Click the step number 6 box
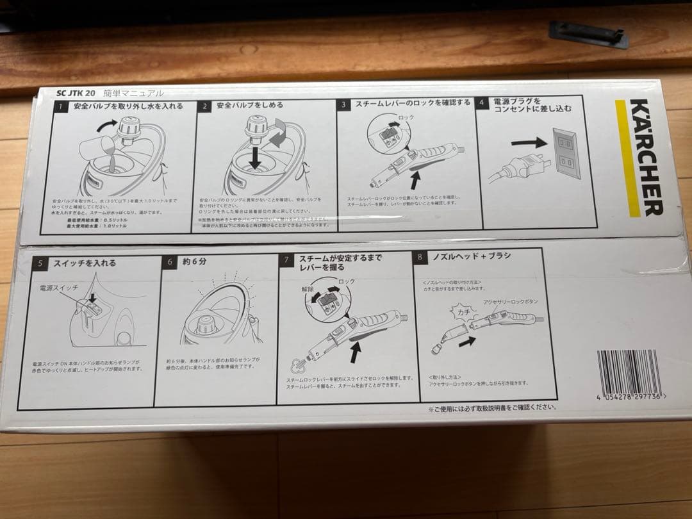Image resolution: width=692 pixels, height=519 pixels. pyautogui.click(x=170, y=262)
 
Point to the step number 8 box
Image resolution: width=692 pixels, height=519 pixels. pyautogui.click(x=420, y=257)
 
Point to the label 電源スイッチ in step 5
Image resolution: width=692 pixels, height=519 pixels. pyautogui.click(x=58, y=289)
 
